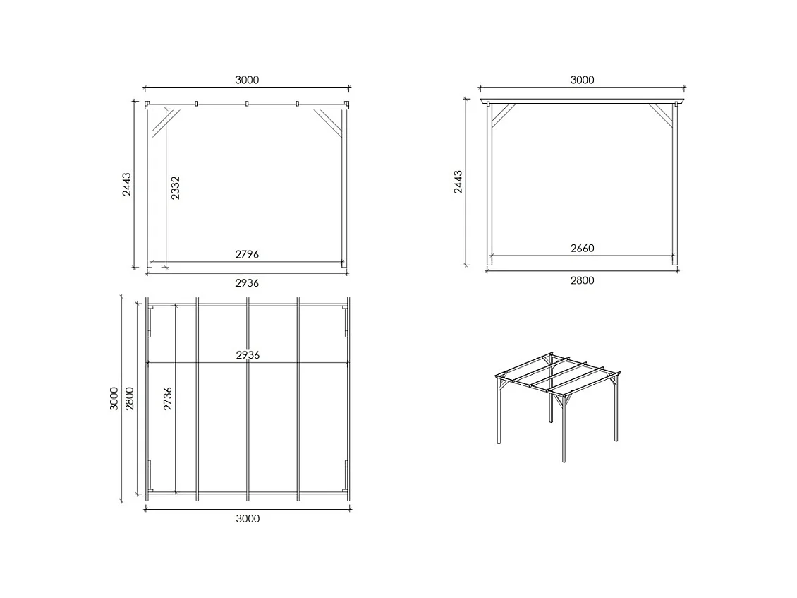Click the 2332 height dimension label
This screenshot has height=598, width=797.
coord(176,188)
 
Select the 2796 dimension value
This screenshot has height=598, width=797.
coord(247,254)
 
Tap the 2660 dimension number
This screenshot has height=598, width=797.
coord(582,248)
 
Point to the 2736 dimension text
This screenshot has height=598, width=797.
coord(168,399)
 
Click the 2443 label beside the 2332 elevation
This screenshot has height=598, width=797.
coord(127,184)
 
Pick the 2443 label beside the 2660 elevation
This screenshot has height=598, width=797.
coord(458,182)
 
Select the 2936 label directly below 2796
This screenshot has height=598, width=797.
coord(247,282)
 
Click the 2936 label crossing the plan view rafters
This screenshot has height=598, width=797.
coord(247,355)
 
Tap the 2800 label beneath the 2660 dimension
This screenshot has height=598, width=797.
coord(582,280)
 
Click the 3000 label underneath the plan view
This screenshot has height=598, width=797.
coord(247,519)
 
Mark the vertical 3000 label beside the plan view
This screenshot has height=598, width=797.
coord(114,399)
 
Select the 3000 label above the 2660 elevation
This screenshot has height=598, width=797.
coord(582,80)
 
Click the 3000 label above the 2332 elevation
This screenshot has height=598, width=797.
coord(247,80)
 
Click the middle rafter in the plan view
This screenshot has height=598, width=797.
coord(248,399)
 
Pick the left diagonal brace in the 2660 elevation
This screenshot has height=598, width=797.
coord(502,115)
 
